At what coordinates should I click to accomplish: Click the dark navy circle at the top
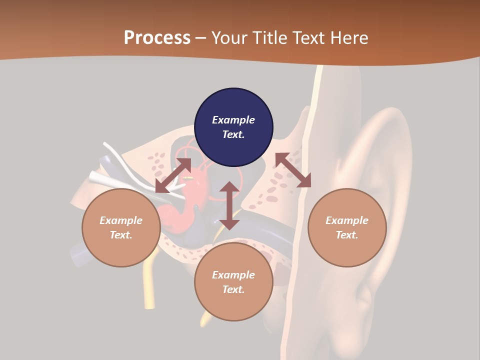(233, 127)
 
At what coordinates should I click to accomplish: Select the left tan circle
(121, 227)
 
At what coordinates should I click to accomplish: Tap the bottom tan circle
(233, 282)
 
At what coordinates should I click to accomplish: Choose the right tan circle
(347, 227)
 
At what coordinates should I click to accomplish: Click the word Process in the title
(157, 38)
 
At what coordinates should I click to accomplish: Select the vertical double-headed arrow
(229, 205)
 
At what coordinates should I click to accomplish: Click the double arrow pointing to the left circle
(173, 175)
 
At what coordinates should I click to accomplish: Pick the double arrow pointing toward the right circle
(293, 170)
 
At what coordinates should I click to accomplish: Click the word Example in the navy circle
(233, 120)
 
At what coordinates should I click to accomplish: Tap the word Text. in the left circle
(121, 235)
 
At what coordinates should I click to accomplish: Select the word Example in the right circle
(347, 220)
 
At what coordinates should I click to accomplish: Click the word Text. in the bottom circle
(233, 289)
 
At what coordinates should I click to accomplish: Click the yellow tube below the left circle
(149, 285)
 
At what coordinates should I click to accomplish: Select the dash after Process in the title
(201, 38)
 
